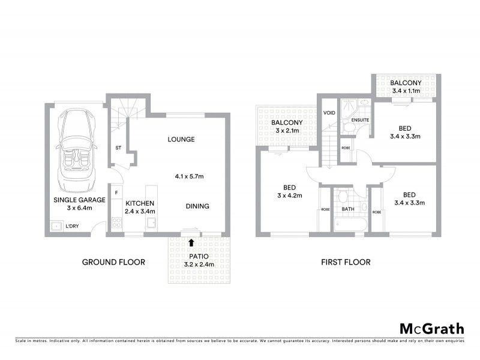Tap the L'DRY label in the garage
coord(73,226)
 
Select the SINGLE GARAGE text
coord(79,200)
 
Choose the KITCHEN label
coord(140,203)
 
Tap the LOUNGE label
coord(181,139)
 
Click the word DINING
coord(197,206)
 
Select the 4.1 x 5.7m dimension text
coord(189,176)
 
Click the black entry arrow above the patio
coord(191,243)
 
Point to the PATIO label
coord(198,256)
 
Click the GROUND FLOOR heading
coord(113,262)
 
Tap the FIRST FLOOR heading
coord(346,262)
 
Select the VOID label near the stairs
coord(329,112)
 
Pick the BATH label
coord(348,210)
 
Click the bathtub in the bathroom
coord(347,225)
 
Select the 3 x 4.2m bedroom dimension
coord(289,196)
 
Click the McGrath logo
coord(432,328)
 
